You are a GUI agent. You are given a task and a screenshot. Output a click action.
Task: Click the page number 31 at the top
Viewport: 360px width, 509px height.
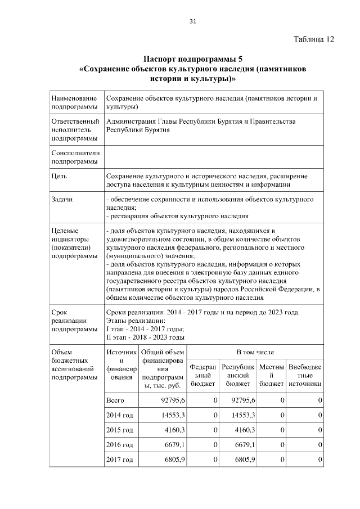192,21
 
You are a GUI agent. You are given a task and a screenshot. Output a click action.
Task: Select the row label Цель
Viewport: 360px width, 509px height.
60,175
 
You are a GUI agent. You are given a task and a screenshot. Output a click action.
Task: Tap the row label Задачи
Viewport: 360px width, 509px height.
62,200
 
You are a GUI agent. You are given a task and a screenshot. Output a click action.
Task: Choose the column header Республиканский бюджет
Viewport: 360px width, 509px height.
238,375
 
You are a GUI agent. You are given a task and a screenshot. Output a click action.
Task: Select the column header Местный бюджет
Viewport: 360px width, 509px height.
272,375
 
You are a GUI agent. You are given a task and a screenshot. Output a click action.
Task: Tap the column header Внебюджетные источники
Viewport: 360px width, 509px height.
305,375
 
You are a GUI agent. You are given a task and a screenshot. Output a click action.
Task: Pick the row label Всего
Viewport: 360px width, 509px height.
115,400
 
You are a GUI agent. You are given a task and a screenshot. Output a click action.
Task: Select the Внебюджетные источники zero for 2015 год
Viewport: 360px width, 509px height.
319,430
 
